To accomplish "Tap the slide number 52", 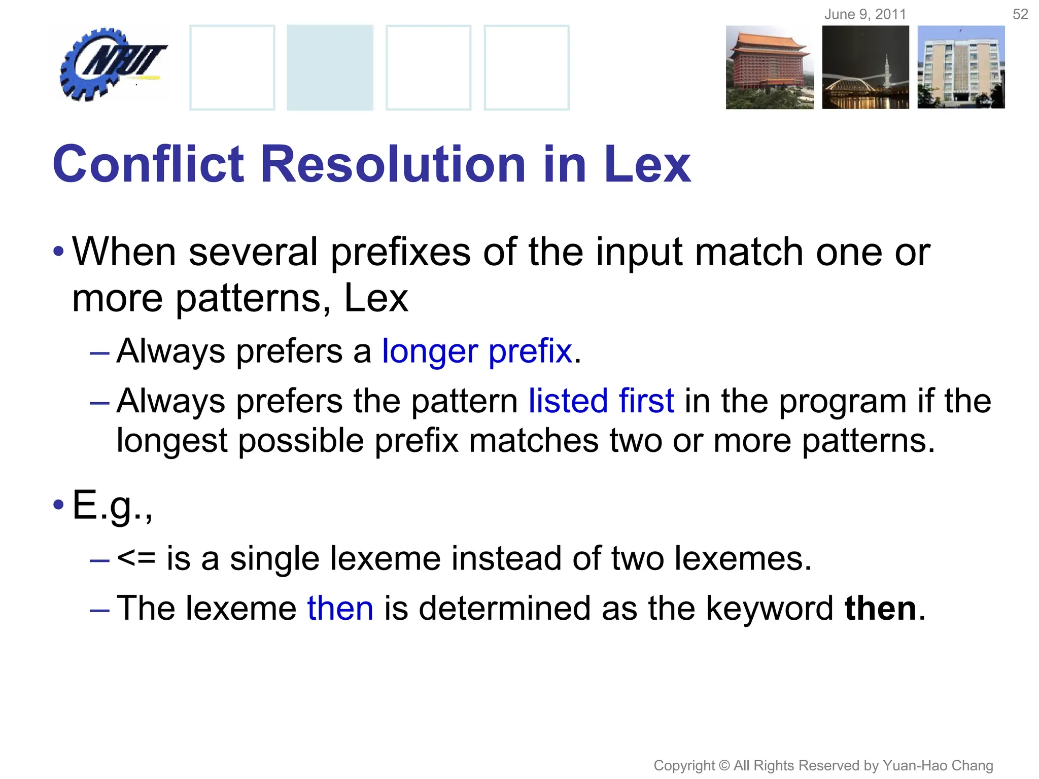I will (x=1020, y=14).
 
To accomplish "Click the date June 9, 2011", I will (x=865, y=14).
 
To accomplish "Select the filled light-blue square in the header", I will (x=330, y=67).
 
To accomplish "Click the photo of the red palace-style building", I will (x=769, y=67).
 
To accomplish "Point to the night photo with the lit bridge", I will (x=865, y=67).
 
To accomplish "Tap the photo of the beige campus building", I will (x=961, y=67).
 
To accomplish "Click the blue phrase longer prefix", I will (x=477, y=351).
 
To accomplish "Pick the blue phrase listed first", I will (x=601, y=401).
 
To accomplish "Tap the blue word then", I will (x=340, y=608).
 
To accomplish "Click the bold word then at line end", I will (x=880, y=608).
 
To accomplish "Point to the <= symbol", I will (x=136, y=558).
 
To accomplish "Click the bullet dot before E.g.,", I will (x=58, y=505).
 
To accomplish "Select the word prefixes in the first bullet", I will (x=401, y=252).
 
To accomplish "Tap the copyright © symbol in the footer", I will (x=724, y=765).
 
